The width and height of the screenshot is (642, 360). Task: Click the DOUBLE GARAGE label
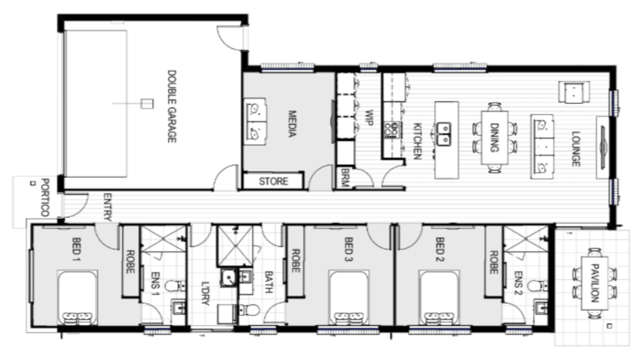pos(172,106)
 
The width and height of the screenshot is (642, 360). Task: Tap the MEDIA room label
pos(292,124)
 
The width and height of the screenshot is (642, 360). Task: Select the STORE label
pos(274,181)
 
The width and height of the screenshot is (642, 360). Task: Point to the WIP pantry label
pos(369,118)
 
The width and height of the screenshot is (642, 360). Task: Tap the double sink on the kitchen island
pos(444,134)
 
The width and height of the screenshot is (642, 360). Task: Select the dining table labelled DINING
pos(495,137)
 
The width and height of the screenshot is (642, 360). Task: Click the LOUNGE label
pos(576,149)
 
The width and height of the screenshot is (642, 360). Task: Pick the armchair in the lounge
pos(574,92)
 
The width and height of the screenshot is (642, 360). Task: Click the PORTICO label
pos(46,197)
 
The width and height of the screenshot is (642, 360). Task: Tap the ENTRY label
pos(107,207)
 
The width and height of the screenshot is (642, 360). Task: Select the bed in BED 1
pos(77,298)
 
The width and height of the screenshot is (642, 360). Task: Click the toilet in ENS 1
pos(175,286)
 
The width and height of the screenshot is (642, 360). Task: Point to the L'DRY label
pos(205,293)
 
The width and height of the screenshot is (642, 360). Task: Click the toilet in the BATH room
pos(249,310)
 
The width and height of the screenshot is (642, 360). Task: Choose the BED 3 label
pos(349,249)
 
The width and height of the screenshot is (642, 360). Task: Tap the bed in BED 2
pos(439,298)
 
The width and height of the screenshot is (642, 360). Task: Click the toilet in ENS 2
pos(538,286)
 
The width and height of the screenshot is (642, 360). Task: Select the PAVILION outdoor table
pos(595,283)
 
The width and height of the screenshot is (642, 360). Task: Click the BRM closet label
pos(345,177)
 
